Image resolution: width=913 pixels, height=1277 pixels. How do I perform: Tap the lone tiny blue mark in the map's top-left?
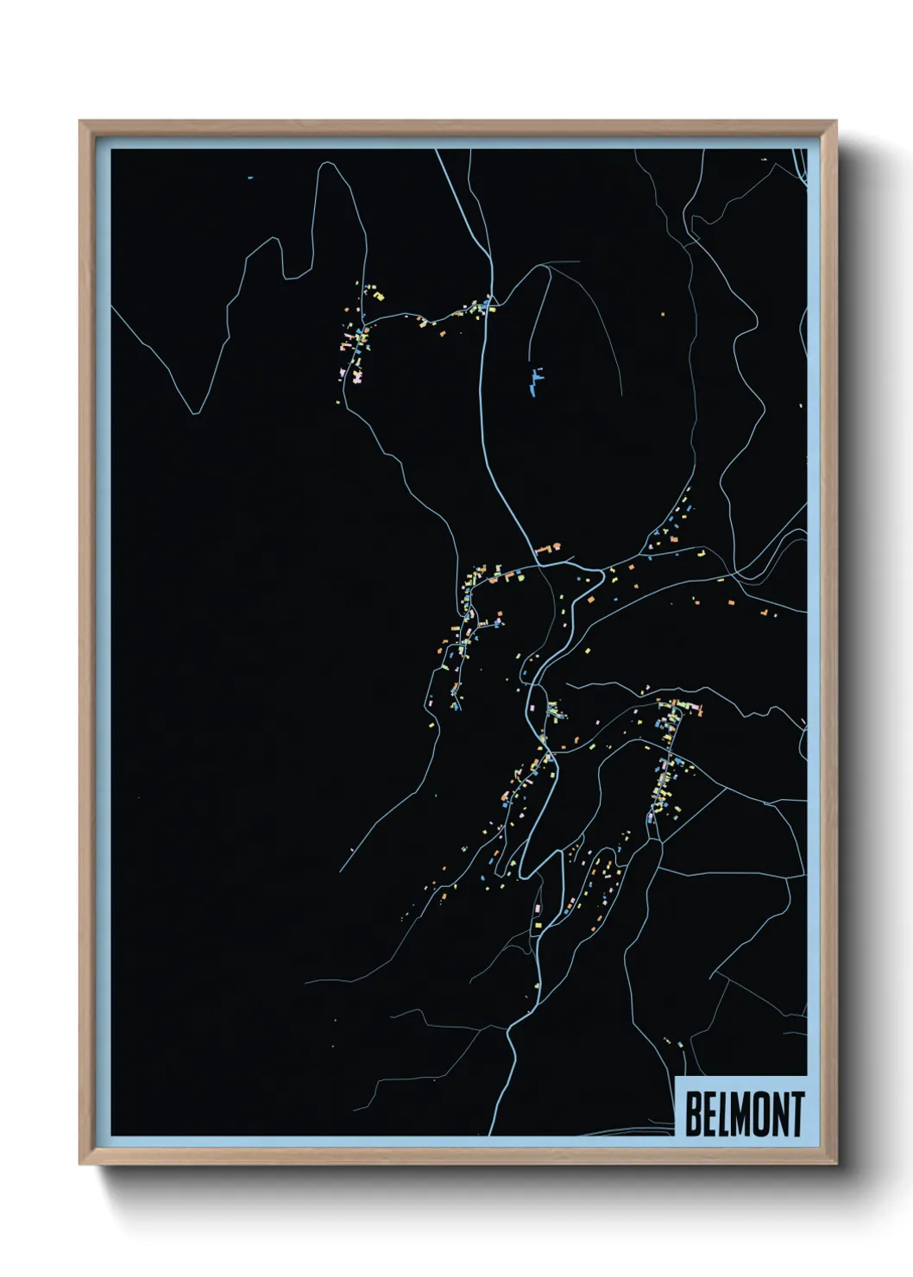point(249,178)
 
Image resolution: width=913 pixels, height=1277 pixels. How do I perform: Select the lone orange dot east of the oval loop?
point(663,315)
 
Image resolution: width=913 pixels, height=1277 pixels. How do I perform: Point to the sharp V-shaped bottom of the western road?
point(196,413)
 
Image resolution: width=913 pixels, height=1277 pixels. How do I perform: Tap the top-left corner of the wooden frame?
point(80,122)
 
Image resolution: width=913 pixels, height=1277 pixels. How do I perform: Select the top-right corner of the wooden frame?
point(835,122)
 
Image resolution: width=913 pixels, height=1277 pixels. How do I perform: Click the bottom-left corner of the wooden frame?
point(80,1164)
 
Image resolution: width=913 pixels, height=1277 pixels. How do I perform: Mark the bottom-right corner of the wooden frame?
point(835,1164)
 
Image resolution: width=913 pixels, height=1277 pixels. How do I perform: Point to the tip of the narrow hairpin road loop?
point(525,876)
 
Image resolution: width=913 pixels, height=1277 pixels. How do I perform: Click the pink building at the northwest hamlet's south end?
point(355,375)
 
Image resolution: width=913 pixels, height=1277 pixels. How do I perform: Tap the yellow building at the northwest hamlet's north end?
point(378,296)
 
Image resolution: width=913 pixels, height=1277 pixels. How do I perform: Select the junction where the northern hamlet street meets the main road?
point(488,306)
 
